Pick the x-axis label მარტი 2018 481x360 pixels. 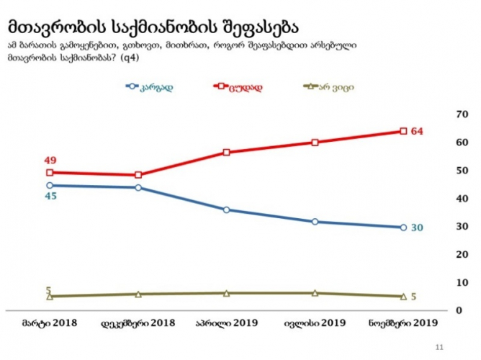coord(49,324)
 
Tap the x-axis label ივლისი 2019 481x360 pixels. coord(315,324)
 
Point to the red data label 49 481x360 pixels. coord(49,160)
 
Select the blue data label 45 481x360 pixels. coord(49,196)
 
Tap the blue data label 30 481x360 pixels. coord(417,228)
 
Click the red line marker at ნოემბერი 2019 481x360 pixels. coord(403,131)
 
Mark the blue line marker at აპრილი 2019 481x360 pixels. coord(226,210)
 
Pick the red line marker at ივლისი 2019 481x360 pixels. coord(315,142)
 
